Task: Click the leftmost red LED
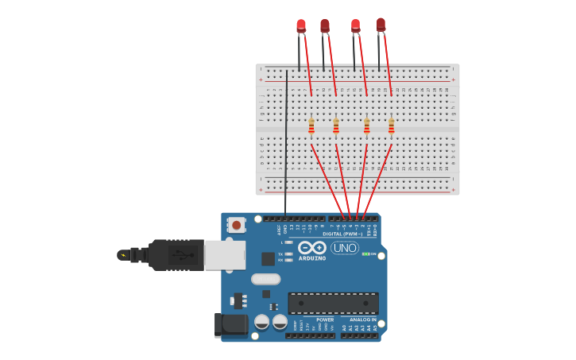click(301, 25)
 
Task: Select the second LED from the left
click(324, 26)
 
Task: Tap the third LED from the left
click(355, 25)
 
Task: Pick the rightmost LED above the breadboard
click(381, 25)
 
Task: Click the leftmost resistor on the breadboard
click(311, 126)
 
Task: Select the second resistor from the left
click(336, 126)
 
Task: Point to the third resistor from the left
click(366, 126)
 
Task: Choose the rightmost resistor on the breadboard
click(391, 126)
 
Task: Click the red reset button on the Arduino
click(236, 225)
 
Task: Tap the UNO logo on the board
click(345, 248)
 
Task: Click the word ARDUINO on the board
click(312, 258)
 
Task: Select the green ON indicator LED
click(365, 254)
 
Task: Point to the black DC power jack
click(230, 324)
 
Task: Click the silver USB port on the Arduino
click(225, 255)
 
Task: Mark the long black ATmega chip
click(333, 303)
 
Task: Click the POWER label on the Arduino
click(325, 319)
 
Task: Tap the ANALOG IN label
click(363, 319)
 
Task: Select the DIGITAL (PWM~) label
click(342, 234)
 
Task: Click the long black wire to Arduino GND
click(286, 143)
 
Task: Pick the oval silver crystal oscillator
click(266, 279)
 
